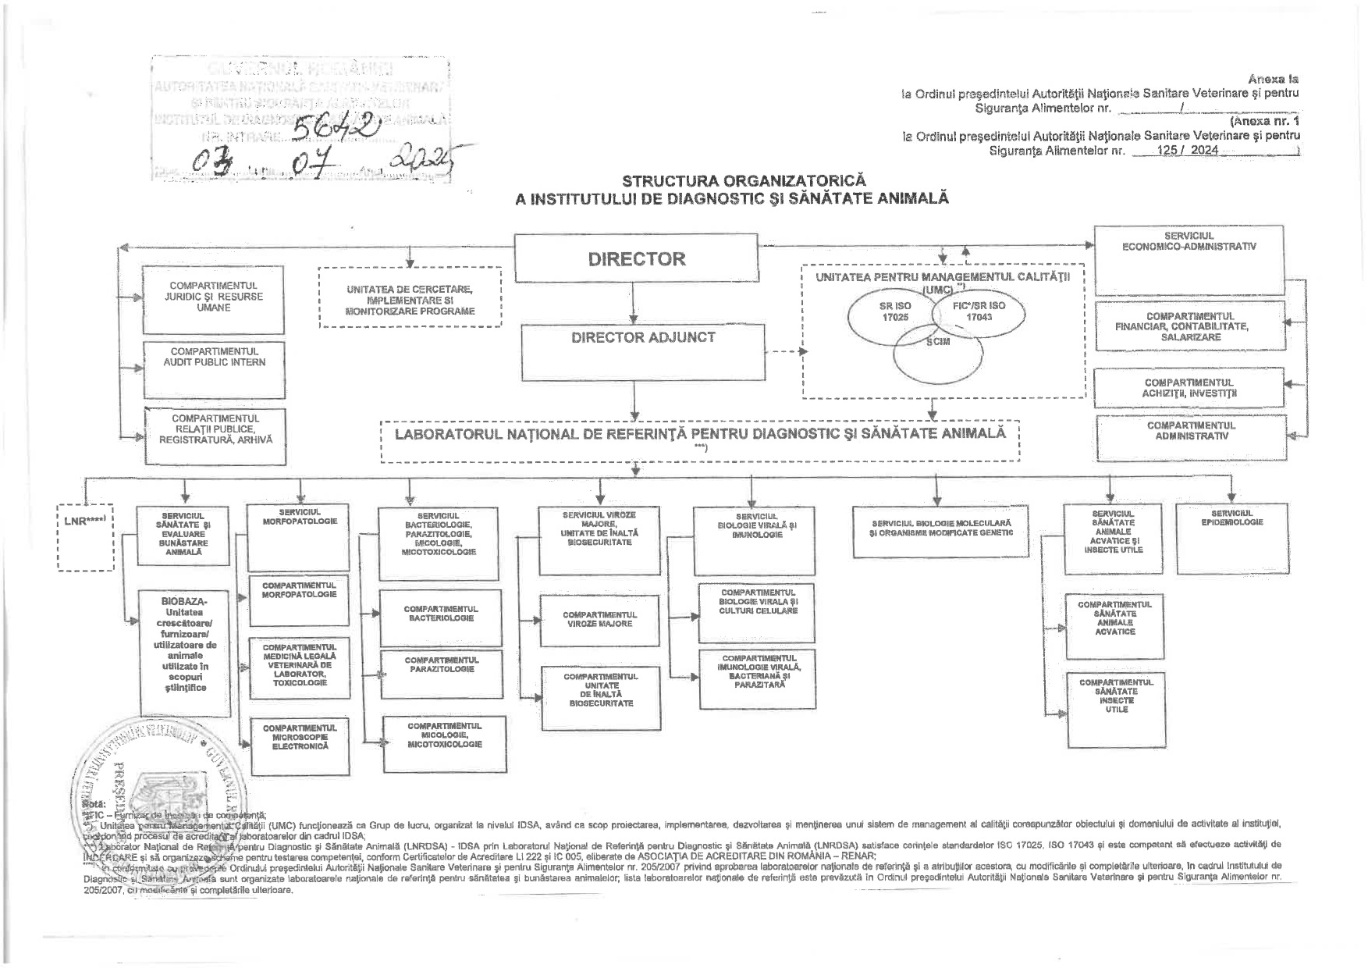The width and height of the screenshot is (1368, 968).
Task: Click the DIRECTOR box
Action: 636,258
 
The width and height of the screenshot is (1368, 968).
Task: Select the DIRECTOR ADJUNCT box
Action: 642,352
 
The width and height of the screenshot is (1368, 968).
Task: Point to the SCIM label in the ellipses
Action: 938,343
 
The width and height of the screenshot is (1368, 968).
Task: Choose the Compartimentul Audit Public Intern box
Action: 214,368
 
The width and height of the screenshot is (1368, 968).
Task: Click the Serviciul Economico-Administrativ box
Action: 1189,259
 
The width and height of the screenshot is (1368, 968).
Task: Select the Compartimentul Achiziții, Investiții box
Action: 1189,387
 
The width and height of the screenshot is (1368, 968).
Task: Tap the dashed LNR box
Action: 86,539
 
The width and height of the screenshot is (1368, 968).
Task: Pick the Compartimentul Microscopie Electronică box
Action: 299,744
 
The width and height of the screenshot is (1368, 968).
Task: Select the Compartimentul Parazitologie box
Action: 441,673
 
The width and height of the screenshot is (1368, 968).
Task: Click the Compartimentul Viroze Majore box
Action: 599,620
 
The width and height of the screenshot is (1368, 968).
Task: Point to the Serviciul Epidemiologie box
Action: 1231,539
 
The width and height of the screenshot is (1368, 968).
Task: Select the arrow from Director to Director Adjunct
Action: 636,303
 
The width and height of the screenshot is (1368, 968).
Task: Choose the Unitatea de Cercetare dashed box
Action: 410,298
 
